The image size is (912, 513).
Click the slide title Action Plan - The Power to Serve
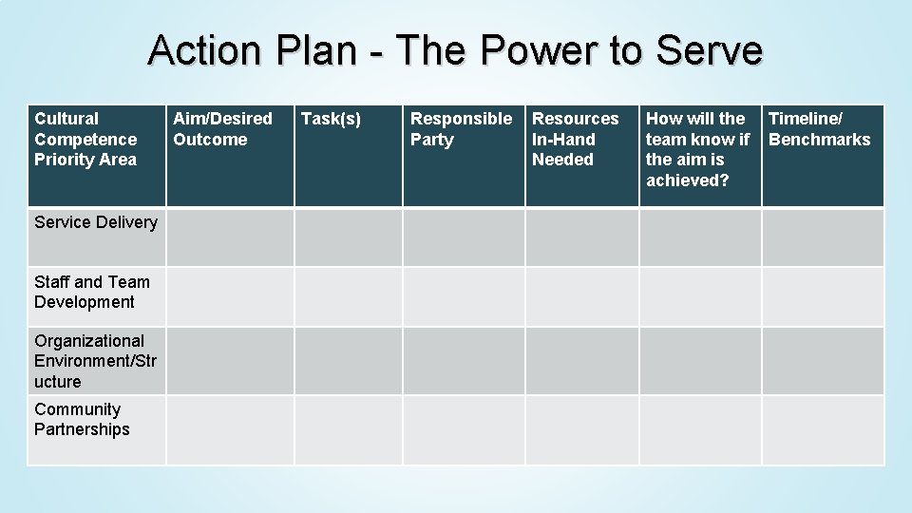point(455,50)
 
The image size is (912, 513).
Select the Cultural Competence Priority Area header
point(85,139)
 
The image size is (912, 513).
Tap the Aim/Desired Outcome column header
point(222,129)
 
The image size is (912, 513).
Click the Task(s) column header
point(331,119)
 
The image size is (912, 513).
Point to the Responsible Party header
point(461,129)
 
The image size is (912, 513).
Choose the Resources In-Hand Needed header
point(575,139)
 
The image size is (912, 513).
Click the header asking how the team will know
point(697,149)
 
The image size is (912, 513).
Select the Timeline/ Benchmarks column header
point(819,129)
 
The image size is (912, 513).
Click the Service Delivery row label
point(95,222)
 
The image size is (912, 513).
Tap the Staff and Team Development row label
point(91,292)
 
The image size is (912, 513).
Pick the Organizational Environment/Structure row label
point(95,361)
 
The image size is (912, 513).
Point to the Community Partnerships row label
point(82,419)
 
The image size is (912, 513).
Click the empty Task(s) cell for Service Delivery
point(348,237)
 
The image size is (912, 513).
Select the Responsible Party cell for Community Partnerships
point(464,429)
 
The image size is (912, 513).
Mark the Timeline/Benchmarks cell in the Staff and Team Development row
point(823,296)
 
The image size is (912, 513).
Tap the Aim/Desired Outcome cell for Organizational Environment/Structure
point(230,361)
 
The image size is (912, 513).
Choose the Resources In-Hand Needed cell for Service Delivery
point(581,237)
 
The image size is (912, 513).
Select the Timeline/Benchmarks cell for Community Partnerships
point(823,429)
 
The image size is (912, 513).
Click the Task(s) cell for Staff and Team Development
point(348,296)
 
